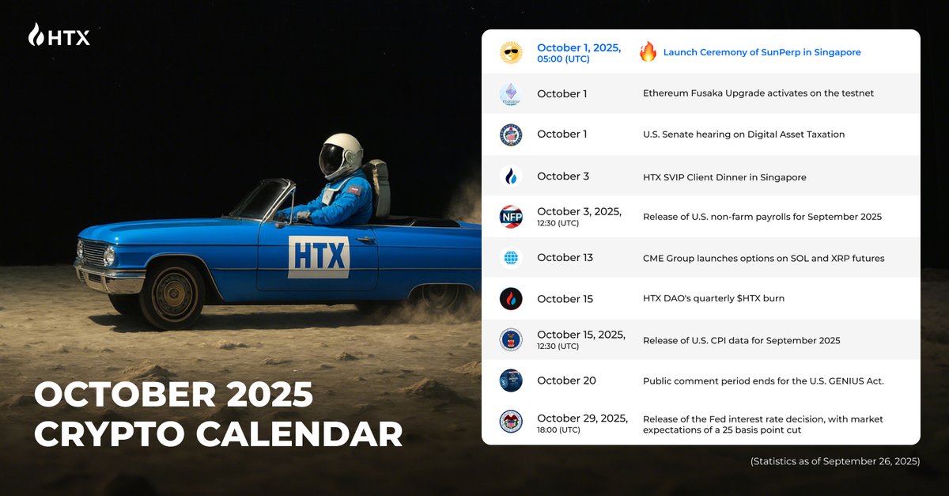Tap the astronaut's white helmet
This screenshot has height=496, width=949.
pyautogui.click(x=341, y=156)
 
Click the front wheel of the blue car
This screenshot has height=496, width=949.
pyautogui.click(x=172, y=293)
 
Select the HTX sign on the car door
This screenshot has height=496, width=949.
pyautogui.click(x=319, y=257)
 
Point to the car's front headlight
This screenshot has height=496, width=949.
pyautogui.click(x=109, y=256)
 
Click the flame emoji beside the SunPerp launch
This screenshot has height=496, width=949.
pyautogui.click(x=648, y=51)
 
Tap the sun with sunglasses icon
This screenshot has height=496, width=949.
pyautogui.click(x=511, y=52)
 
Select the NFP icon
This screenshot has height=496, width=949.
pyautogui.click(x=511, y=217)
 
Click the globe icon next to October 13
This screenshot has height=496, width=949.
pyautogui.click(x=511, y=257)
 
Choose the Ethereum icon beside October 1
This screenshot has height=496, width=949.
pyautogui.click(x=511, y=93)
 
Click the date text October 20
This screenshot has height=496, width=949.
pyautogui.click(x=566, y=381)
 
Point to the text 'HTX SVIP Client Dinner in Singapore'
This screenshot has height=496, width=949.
pyautogui.click(x=724, y=177)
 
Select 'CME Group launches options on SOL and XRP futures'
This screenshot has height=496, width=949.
pyautogui.click(x=763, y=258)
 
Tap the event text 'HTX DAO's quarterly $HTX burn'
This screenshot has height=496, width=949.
pyautogui.click(x=713, y=298)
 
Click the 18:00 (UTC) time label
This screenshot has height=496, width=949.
pyautogui.click(x=558, y=430)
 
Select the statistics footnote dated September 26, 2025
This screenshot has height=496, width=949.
pyautogui.click(x=835, y=461)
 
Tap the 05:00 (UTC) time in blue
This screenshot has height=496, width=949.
pyautogui.click(x=563, y=59)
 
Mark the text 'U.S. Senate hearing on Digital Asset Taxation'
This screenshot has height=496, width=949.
pyautogui.click(x=743, y=134)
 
